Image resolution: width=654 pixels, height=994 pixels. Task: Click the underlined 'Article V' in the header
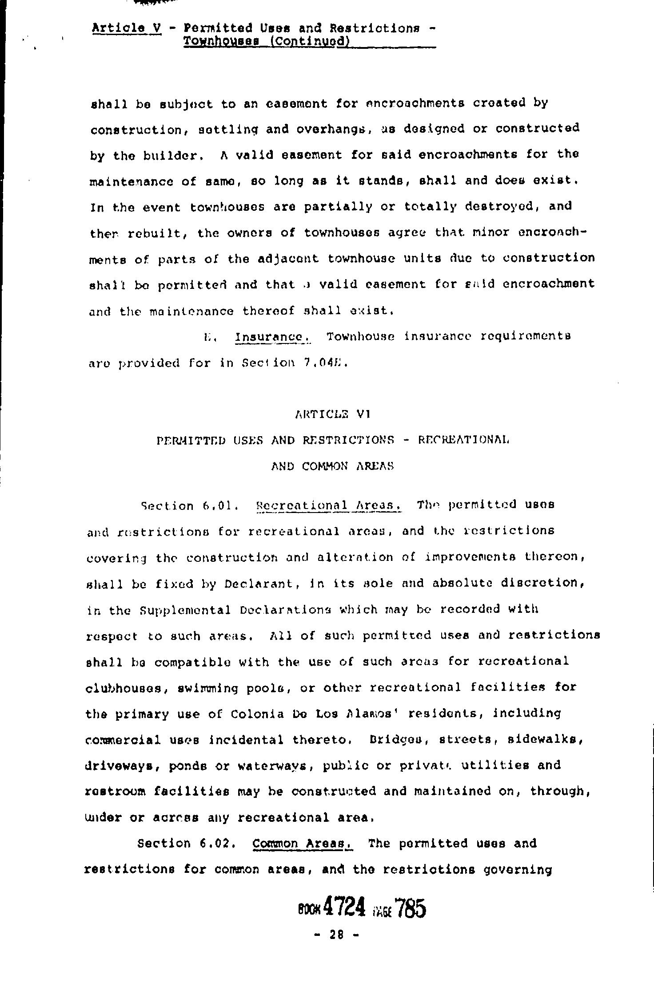[126, 28]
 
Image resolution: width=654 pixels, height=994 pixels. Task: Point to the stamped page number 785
[410, 907]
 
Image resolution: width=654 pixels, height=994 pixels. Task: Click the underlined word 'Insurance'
[272, 337]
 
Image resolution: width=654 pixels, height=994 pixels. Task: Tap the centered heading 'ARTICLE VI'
[332, 414]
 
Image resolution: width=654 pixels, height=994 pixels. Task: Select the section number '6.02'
[216, 843]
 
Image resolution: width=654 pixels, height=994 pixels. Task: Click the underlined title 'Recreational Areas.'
[329, 505]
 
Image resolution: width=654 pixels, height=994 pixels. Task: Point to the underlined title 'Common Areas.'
[302, 843]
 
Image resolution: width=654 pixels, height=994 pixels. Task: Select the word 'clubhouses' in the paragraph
[123, 688]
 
